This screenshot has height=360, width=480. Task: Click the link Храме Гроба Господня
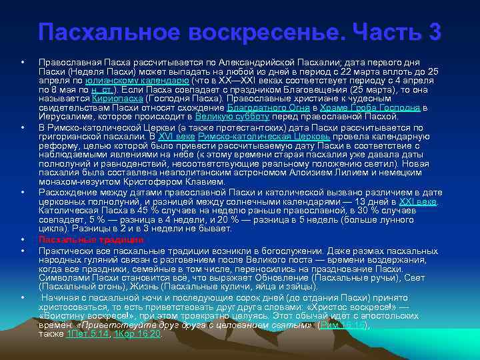(369, 107)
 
